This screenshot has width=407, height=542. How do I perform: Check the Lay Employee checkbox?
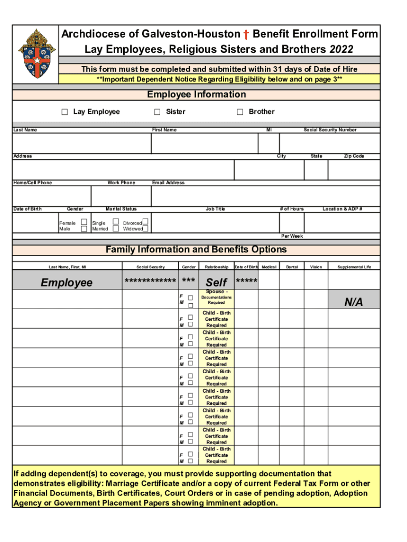64,112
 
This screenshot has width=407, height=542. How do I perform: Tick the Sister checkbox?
157,112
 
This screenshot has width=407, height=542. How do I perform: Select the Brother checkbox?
240,112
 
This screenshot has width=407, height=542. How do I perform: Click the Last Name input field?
81,143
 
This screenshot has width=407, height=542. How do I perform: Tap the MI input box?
268,143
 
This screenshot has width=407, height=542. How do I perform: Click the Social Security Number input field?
329,143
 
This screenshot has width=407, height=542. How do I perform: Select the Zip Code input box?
354,170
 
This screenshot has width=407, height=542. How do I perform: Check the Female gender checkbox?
84,223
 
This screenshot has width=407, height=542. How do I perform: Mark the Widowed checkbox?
145,229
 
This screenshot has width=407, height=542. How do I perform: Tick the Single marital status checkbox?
116,223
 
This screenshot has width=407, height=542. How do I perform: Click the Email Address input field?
265,196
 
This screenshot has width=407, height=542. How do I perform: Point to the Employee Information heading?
196,95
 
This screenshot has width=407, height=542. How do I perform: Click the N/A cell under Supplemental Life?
354,302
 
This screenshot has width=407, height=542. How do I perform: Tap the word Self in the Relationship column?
216,283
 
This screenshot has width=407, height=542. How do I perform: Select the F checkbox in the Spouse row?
191,298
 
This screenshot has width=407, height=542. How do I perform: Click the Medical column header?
269,267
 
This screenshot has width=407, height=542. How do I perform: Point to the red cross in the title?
246,35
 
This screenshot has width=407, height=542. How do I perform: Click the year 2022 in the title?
341,50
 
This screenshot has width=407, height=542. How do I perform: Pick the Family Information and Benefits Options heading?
196,250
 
